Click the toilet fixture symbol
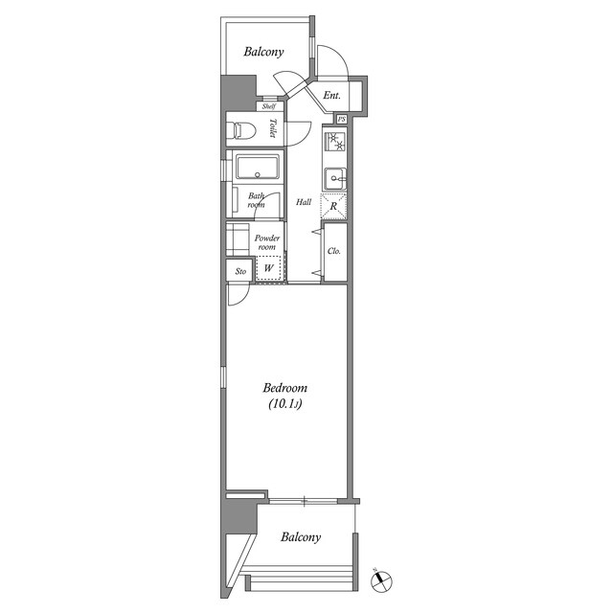245,130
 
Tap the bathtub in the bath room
258,167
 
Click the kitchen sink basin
335,179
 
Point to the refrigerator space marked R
333,206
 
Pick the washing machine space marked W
268,268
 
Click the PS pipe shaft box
342,119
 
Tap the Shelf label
269,106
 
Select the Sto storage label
240,271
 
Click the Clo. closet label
334,251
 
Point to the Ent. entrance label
332,95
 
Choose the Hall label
304,202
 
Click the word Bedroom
285,388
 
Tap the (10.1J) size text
285,404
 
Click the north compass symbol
381,580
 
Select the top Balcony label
263,52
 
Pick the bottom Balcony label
301,536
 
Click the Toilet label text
272,127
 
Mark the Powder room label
267,242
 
